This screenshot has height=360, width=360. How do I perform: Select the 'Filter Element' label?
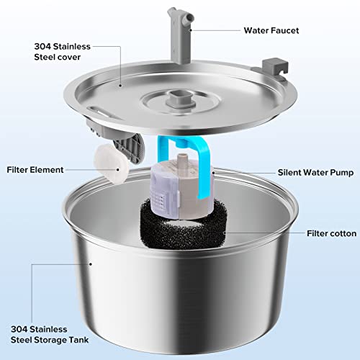pos(35,170)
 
